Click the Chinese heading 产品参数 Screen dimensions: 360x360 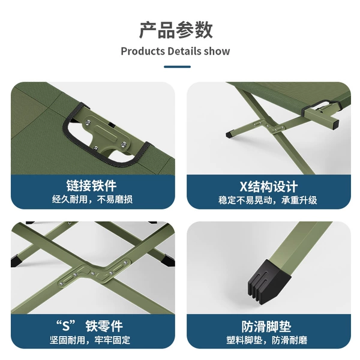point(176,30)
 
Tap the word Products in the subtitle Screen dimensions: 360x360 point(143,51)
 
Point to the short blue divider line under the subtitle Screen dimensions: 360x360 point(177,67)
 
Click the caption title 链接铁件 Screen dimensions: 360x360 point(91,185)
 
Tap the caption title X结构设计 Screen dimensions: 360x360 point(269,187)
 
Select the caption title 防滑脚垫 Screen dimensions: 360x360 point(266,326)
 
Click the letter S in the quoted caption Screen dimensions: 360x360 point(66,326)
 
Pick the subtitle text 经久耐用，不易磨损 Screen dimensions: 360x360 point(92,199)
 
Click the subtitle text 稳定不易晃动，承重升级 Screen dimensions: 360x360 point(268,200)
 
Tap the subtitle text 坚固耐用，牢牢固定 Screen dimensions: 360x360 point(90,340)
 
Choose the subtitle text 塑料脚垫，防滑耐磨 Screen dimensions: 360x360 point(267,340)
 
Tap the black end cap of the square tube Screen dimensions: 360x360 point(335,124)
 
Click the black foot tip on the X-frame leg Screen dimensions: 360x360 point(230,134)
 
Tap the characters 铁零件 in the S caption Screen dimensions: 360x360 point(104,326)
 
